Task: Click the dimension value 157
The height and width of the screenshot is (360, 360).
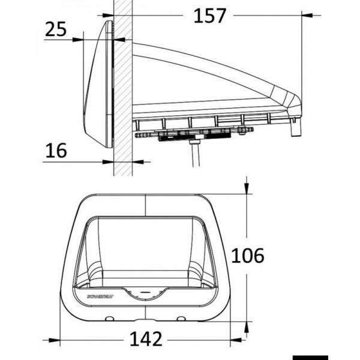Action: (209, 16)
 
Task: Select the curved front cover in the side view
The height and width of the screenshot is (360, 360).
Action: (96, 90)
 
